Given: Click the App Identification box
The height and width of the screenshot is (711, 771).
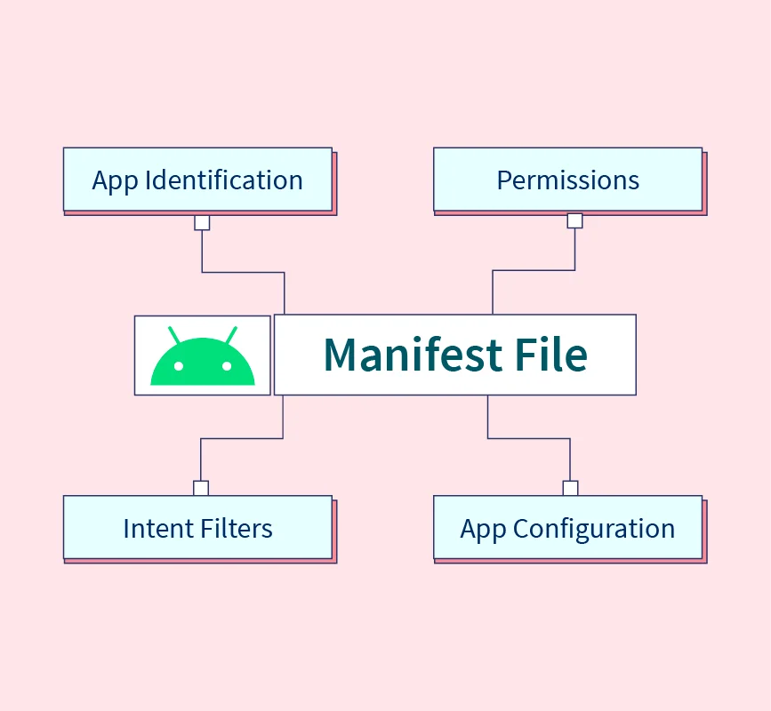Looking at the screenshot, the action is pyautogui.click(x=197, y=180).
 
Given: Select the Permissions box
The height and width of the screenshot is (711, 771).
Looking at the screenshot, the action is pyautogui.click(x=568, y=180).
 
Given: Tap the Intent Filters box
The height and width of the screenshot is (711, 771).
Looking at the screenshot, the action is pyautogui.click(x=197, y=527).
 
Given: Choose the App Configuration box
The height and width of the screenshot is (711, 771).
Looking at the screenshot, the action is pyautogui.click(x=568, y=527).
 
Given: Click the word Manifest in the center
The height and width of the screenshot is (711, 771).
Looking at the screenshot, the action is pyautogui.click(x=413, y=355).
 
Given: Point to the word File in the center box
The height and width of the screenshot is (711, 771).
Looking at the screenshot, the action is pyautogui.click(x=551, y=355).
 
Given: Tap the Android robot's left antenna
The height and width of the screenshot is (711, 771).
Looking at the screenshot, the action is pyautogui.click(x=174, y=335).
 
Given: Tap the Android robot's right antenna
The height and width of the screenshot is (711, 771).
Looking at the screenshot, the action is pyautogui.click(x=231, y=335).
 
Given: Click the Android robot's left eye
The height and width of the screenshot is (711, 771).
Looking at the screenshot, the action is pyautogui.click(x=179, y=366).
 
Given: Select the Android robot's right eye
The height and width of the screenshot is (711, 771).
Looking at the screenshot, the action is pyautogui.click(x=227, y=366).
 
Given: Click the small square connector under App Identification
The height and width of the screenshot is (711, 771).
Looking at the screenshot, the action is pyautogui.click(x=202, y=222).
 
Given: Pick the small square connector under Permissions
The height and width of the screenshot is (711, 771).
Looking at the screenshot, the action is pyautogui.click(x=574, y=220).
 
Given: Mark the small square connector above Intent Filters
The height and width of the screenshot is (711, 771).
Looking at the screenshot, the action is pyautogui.click(x=201, y=488).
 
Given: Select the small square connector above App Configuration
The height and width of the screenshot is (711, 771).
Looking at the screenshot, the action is pyautogui.click(x=570, y=488).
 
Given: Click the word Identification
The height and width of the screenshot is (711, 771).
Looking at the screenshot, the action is pyautogui.click(x=224, y=180).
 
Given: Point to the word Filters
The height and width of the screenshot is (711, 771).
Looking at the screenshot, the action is pyautogui.click(x=236, y=528).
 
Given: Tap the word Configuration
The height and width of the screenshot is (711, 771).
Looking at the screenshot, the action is pyautogui.click(x=594, y=529).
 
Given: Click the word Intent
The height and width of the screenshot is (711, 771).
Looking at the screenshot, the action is pyautogui.click(x=157, y=528).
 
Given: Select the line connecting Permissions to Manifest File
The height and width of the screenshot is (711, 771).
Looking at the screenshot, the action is pyautogui.click(x=534, y=270).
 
